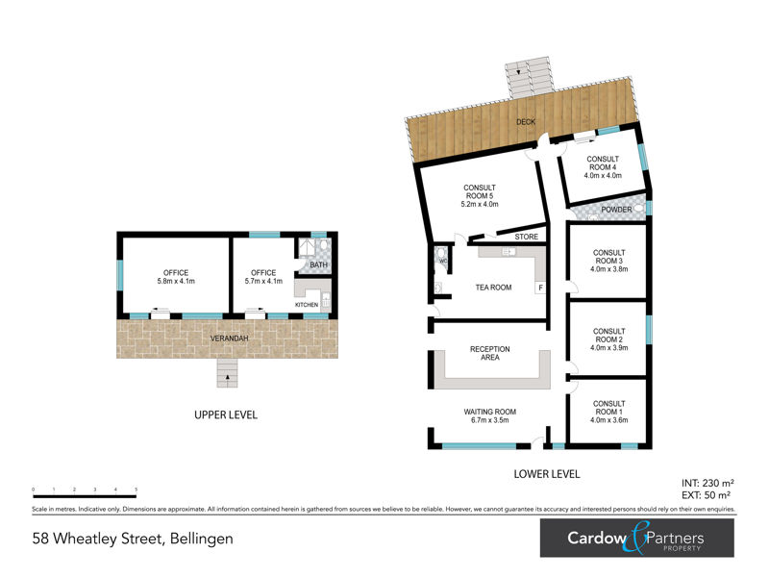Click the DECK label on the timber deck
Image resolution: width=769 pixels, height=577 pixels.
[525, 122]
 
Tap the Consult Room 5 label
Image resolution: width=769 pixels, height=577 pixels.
[480, 195]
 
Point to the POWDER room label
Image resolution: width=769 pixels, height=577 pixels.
[616, 210]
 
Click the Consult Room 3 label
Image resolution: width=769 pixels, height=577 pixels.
[608, 261]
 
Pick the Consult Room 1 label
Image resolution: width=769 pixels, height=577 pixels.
[608, 412]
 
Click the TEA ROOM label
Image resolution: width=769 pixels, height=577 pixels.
[493, 288]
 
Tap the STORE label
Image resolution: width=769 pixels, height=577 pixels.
[526, 237]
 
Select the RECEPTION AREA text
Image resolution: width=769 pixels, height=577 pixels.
[489, 354]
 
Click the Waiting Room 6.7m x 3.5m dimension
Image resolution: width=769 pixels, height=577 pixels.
[490, 421]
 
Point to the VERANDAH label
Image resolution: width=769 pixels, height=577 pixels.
[228, 339]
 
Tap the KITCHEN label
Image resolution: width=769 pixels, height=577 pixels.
[306, 305]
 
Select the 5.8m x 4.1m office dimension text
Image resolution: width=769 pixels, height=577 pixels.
[176, 282]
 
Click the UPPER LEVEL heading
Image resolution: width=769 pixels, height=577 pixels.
[227, 415]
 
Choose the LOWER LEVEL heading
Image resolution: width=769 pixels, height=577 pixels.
[547, 473]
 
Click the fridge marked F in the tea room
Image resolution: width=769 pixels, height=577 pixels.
[539, 288]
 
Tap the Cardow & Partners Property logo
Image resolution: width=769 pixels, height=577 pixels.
[636, 539]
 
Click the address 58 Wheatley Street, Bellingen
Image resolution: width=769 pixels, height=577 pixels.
[133, 539]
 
